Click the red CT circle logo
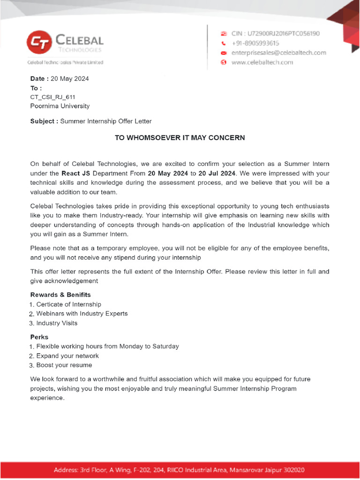pos(40,43)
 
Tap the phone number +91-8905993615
pos(255,43)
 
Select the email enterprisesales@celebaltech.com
pos(278,52)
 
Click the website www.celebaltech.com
pos(262,62)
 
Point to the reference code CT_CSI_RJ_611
pos(52,97)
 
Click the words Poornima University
pos(60,106)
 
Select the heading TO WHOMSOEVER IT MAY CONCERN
pos(180,138)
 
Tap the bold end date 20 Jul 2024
pos(217,173)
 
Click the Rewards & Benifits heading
pos(60,295)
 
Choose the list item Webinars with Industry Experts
pos(82,314)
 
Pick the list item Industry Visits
pos(57,323)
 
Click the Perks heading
pos(39,337)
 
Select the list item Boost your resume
pos(64,365)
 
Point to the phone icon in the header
pos(224,43)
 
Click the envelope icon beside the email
pos(224,52)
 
